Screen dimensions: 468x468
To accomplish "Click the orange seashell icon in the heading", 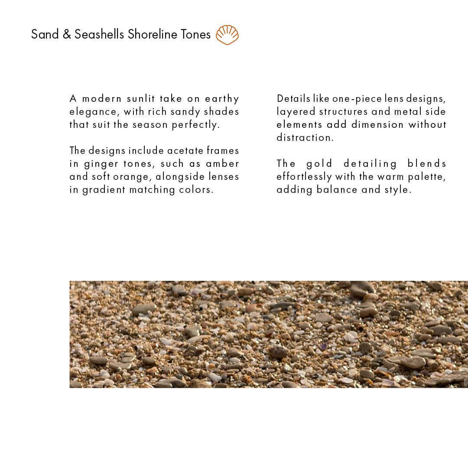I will [227, 35].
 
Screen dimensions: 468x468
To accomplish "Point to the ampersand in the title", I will [66, 34].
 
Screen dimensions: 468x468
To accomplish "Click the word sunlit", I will [141, 99].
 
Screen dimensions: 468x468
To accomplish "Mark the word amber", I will [223, 164].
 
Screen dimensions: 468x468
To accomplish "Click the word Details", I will [293, 99].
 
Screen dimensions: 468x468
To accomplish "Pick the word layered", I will [296, 112].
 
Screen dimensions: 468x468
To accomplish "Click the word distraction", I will [305, 138].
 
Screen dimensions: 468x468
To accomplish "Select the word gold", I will [319, 164].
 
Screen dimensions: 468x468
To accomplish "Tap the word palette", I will [427, 177].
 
